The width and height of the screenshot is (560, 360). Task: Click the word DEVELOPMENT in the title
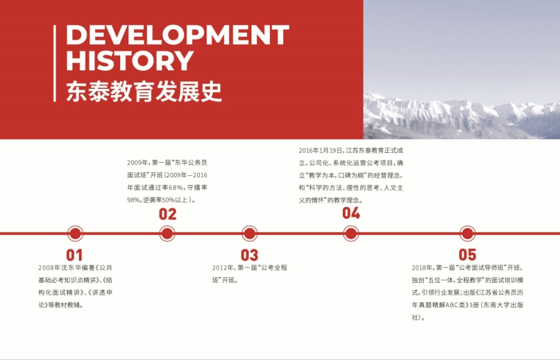pyautogui.click(x=177, y=35)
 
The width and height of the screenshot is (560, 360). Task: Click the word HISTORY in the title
pyautogui.click(x=130, y=61)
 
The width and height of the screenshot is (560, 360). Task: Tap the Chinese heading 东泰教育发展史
pyautogui.click(x=144, y=91)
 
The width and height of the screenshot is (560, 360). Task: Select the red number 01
pyautogui.click(x=75, y=255)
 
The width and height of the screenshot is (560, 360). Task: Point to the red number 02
pyautogui.click(x=167, y=215)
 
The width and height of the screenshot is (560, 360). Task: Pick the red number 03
pyautogui.click(x=249, y=255)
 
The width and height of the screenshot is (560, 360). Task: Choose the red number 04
pyautogui.click(x=351, y=213)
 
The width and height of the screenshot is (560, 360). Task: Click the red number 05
pyautogui.click(x=467, y=255)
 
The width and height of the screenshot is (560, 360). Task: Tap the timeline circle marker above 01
pyautogui.click(x=75, y=234)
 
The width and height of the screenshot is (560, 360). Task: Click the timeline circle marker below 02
pyautogui.click(x=167, y=234)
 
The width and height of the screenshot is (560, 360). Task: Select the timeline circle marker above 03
pyautogui.click(x=250, y=234)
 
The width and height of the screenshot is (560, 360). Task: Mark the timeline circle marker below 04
pyautogui.click(x=351, y=234)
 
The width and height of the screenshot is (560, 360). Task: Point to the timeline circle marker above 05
pyautogui.click(x=467, y=234)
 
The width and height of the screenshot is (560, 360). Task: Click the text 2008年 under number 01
pyautogui.click(x=49, y=267)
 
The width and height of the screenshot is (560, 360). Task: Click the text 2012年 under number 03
pyautogui.click(x=223, y=267)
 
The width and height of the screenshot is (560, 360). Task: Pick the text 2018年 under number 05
pyautogui.click(x=422, y=267)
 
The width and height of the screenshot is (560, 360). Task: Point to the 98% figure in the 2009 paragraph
pyautogui.click(x=134, y=200)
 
